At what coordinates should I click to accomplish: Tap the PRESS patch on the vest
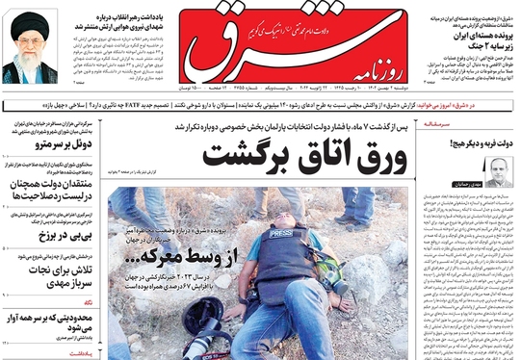pyautogui.click(x=281, y=234)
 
